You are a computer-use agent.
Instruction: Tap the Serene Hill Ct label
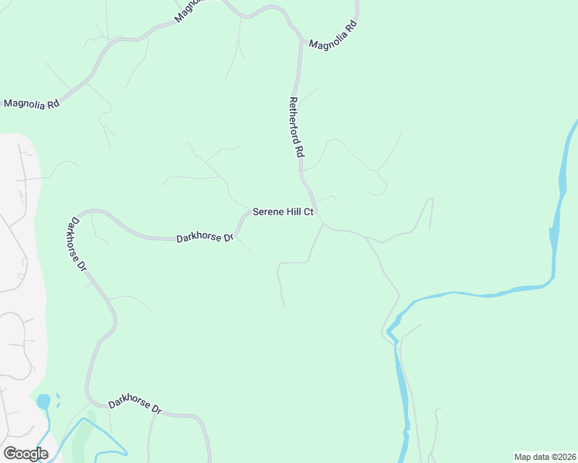(x=283, y=212)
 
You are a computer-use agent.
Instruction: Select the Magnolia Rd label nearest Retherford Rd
(x=332, y=35)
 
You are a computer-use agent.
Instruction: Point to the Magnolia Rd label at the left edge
(x=32, y=103)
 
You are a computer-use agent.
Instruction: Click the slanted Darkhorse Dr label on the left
(x=76, y=244)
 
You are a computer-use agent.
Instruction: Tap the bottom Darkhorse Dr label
(x=134, y=404)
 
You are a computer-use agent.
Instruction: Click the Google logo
(x=25, y=454)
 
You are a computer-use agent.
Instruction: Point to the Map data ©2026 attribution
(x=545, y=457)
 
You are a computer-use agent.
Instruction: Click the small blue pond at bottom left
(x=43, y=402)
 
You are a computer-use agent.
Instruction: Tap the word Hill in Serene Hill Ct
(x=294, y=212)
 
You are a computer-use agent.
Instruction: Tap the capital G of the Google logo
(x=10, y=454)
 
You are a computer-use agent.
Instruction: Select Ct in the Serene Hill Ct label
(x=308, y=212)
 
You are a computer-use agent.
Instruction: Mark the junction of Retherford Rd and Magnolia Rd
(x=300, y=39)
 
